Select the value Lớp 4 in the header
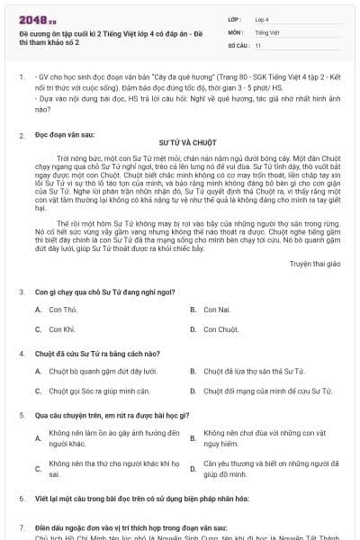[x=263, y=17]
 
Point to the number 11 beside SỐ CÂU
[x=258, y=44]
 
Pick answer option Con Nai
[x=219, y=309]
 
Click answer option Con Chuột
[x=221, y=329]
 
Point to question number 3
[x=22, y=292]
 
